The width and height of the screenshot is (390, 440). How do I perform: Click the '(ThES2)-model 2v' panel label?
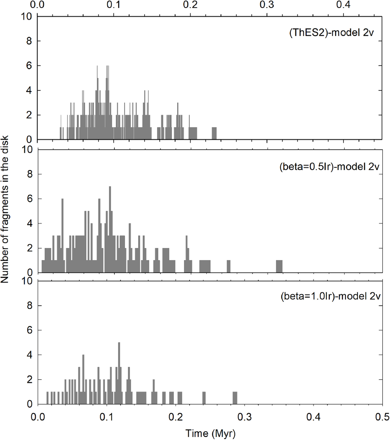point(331,33)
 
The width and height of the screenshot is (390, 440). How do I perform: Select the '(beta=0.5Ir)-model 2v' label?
point(329,167)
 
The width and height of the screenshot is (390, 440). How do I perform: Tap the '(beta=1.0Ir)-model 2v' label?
point(330,296)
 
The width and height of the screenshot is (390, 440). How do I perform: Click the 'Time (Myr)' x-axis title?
point(210,433)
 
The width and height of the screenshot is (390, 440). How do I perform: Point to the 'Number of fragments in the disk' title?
point(5,210)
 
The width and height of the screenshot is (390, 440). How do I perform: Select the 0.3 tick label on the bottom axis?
point(244,417)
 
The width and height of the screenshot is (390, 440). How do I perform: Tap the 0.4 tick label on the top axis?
point(343,5)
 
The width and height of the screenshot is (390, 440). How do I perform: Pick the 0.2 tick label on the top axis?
point(190,5)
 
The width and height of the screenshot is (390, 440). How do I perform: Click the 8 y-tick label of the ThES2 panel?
point(29,41)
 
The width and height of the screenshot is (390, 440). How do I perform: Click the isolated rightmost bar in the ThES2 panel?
point(214,133)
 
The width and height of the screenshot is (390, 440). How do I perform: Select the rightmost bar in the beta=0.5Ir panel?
point(279,266)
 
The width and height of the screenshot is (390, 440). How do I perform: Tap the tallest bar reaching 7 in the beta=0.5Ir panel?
point(110,227)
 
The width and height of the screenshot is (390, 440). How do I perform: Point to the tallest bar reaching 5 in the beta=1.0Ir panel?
point(119,374)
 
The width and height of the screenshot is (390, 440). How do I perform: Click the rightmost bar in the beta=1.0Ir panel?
point(235,398)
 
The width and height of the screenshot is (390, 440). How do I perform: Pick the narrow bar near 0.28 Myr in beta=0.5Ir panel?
point(229,266)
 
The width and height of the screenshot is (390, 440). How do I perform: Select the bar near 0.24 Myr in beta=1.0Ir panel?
point(204,398)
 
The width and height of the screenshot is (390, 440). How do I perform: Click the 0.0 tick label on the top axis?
point(37,5)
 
